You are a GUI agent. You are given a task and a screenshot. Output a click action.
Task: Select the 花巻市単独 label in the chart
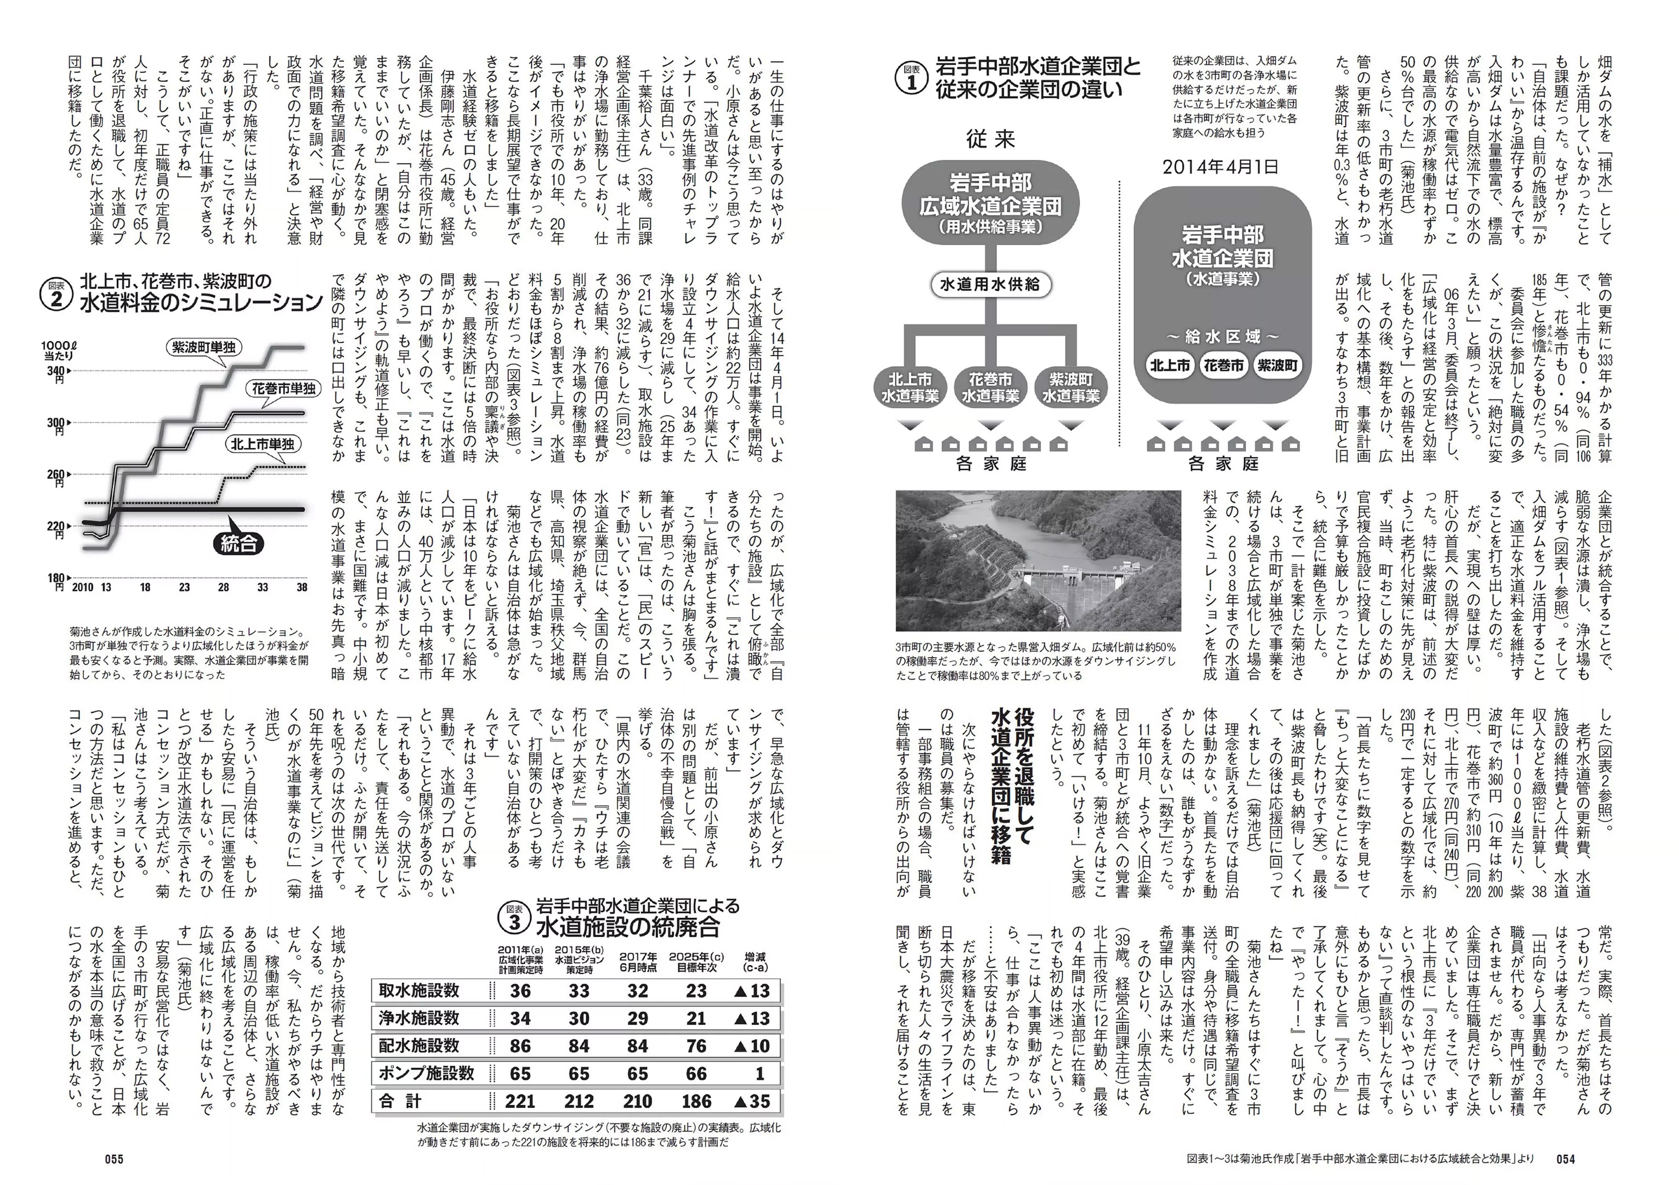point(282,388)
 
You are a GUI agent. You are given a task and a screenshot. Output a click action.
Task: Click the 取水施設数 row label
point(419,990)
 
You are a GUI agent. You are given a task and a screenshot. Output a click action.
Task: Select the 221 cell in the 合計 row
point(520,1102)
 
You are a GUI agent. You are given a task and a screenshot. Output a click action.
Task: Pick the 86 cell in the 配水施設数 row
point(520,1046)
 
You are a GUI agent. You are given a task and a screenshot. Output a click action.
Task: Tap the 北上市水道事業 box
point(910,388)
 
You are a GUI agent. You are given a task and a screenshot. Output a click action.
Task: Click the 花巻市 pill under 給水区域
point(1223,366)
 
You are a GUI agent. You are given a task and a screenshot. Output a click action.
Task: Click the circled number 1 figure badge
point(911,78)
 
